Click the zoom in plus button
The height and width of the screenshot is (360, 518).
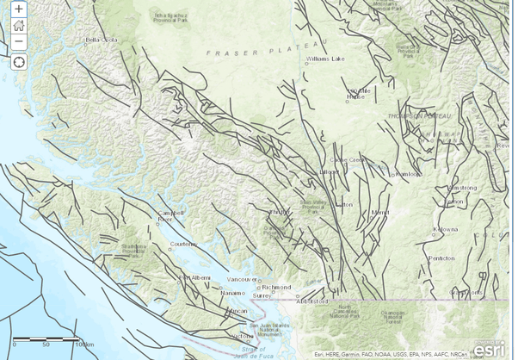(18, 9)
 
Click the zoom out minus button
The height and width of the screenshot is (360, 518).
(18, 40)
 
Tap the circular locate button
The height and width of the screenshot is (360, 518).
(18, 61)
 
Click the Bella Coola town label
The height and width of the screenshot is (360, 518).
(102, 40)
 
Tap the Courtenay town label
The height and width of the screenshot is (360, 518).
(184, 244)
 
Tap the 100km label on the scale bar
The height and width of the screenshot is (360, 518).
(83, 344)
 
